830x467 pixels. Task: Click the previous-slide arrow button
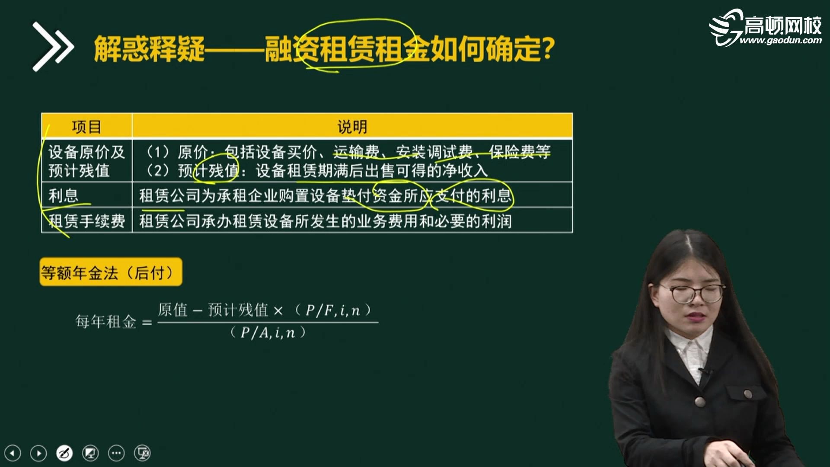click(13, 453)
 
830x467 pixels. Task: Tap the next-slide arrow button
click(38, 453)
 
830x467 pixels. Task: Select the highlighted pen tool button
click(64, 453)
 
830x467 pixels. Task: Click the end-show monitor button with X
click(142, 453)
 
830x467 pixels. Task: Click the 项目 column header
click(86, 127)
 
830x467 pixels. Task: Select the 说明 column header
click(352, 127)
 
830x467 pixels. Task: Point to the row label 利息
click(64, 195)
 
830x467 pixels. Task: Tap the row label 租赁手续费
click(87, 221)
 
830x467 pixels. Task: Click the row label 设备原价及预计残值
click(86, 161)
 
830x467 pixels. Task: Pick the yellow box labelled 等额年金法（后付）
click(111, 272)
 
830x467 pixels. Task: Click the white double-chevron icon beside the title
click(53, 47)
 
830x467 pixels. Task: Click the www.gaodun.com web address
click(780, 41)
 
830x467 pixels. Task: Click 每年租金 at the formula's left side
click(106, 322)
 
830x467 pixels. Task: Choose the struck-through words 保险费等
click(520, 152)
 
